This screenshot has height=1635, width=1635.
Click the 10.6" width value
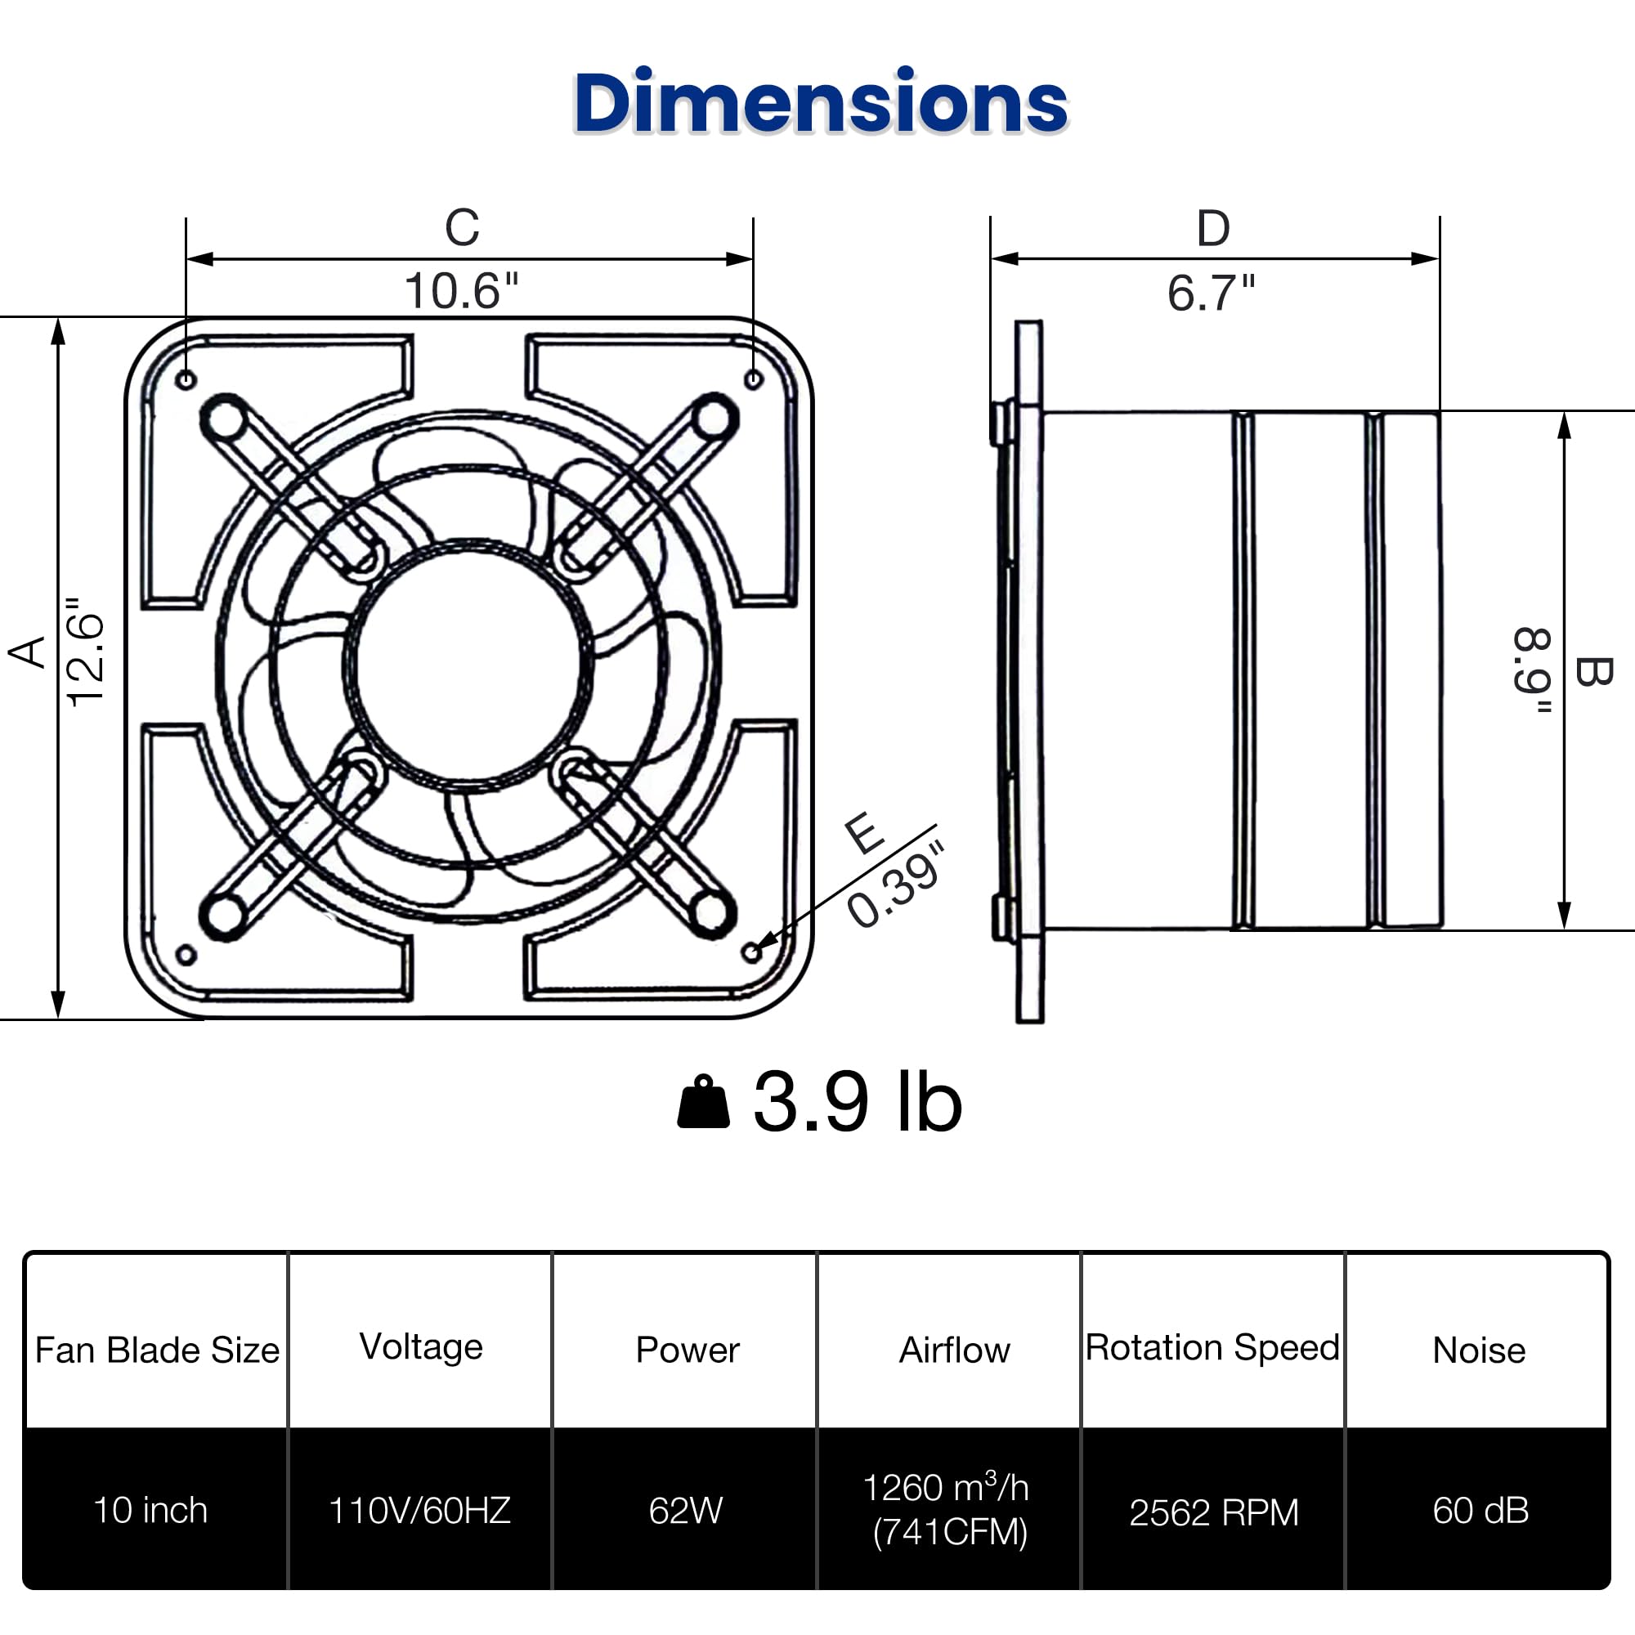coord(461,291)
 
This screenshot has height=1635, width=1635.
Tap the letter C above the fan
coord(462,227)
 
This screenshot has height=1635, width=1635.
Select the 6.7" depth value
coord(1211,293)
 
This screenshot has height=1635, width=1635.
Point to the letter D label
coord(1212,229)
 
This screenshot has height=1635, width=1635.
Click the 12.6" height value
coord(87,652)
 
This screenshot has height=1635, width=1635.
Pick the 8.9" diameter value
coord(1533,671)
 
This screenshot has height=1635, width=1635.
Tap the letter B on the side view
coord(1592,671)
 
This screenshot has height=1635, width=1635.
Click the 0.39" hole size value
coord(895,885)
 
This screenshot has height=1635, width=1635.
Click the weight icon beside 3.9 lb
coord(703,1102)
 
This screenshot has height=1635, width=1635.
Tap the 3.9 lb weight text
coord(858,1102)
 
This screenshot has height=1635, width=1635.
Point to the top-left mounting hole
coord(187,379)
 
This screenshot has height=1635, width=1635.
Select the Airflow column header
coord(954,1350)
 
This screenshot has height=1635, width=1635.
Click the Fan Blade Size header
coord(158,1350)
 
